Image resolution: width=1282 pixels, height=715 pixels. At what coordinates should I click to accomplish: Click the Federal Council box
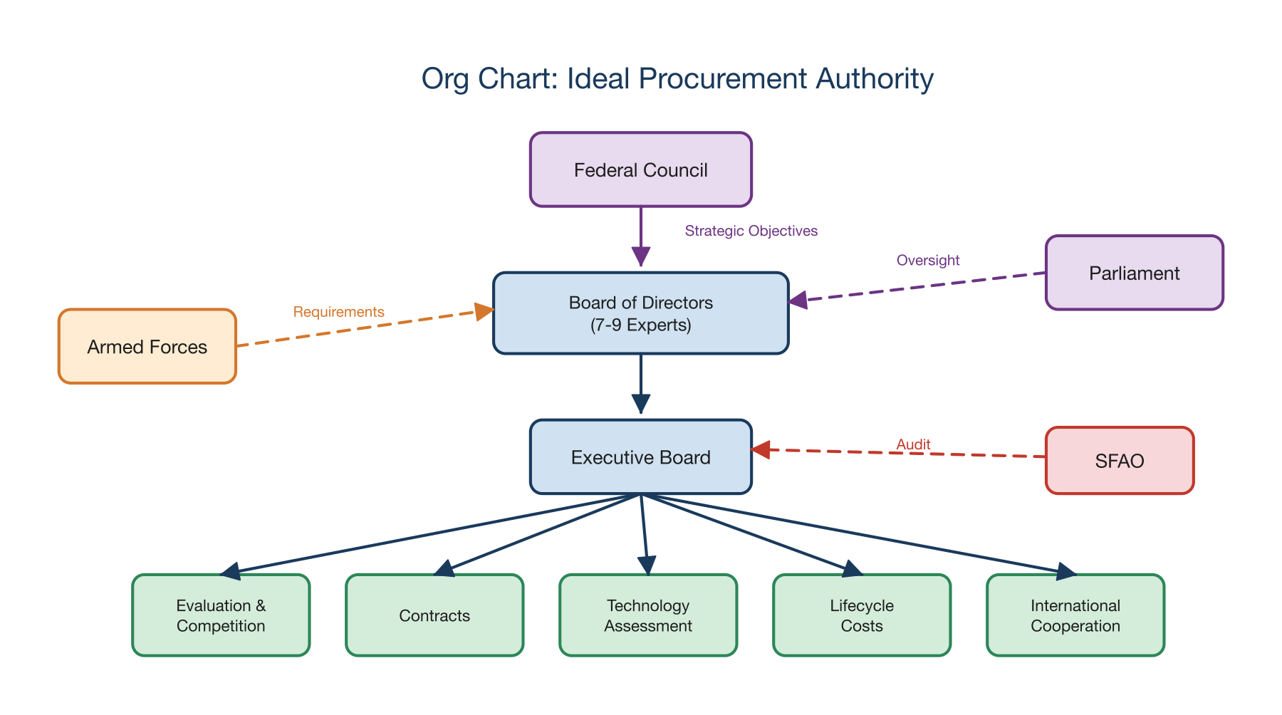pos(640,170)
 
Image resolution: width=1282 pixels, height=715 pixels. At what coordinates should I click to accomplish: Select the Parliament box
pos(1134,273)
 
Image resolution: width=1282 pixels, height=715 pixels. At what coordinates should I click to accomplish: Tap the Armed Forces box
pos(147,347)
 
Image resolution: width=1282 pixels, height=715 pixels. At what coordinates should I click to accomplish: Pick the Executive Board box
pos(640,457)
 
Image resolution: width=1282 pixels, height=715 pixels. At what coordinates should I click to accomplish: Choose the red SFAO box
pos(1119,461)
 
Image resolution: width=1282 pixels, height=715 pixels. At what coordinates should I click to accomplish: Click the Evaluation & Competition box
pos(221,615)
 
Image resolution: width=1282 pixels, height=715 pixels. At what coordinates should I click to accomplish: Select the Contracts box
pos(434,615)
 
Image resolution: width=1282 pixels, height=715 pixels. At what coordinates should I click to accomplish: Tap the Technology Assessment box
pos(648,615)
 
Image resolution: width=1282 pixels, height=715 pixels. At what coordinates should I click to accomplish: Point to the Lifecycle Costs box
pos(862,615)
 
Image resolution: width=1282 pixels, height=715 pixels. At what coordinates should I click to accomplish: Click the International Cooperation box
pos(1075,615)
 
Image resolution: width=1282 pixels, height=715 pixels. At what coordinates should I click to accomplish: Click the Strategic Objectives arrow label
pos(751,231)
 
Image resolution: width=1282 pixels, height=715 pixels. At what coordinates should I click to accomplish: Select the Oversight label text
pos(927,261)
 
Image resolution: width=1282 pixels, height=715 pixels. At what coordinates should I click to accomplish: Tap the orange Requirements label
pos(338,312)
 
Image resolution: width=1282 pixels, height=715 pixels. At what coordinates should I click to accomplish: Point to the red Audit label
pos(913,444)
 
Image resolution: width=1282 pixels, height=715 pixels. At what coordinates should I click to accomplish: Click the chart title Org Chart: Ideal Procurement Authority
pos(677,78)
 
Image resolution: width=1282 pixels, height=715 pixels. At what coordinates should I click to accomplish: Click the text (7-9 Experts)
pos(640,325)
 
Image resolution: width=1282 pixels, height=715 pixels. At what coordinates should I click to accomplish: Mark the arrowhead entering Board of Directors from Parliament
pos(798,301)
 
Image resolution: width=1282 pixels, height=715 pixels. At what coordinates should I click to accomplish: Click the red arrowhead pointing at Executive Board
pos(761,449)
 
